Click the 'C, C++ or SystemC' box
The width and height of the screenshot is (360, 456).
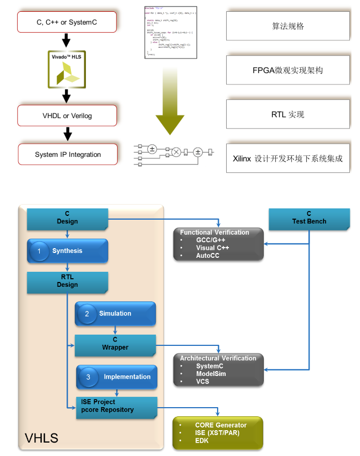[67, 23]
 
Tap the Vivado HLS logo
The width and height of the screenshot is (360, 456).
[67, 69]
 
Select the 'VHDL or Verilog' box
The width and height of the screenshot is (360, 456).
[67, 115]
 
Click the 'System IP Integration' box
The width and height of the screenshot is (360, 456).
[68, 155]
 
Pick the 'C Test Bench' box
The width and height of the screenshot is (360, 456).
[309, 218]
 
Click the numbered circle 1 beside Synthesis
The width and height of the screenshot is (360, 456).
[39, 251]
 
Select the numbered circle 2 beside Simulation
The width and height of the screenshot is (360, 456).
[87, 314]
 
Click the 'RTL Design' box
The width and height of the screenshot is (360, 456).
[67, 281]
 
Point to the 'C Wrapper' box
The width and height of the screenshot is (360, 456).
[115, 344]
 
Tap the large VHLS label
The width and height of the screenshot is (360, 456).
[41, 438]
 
